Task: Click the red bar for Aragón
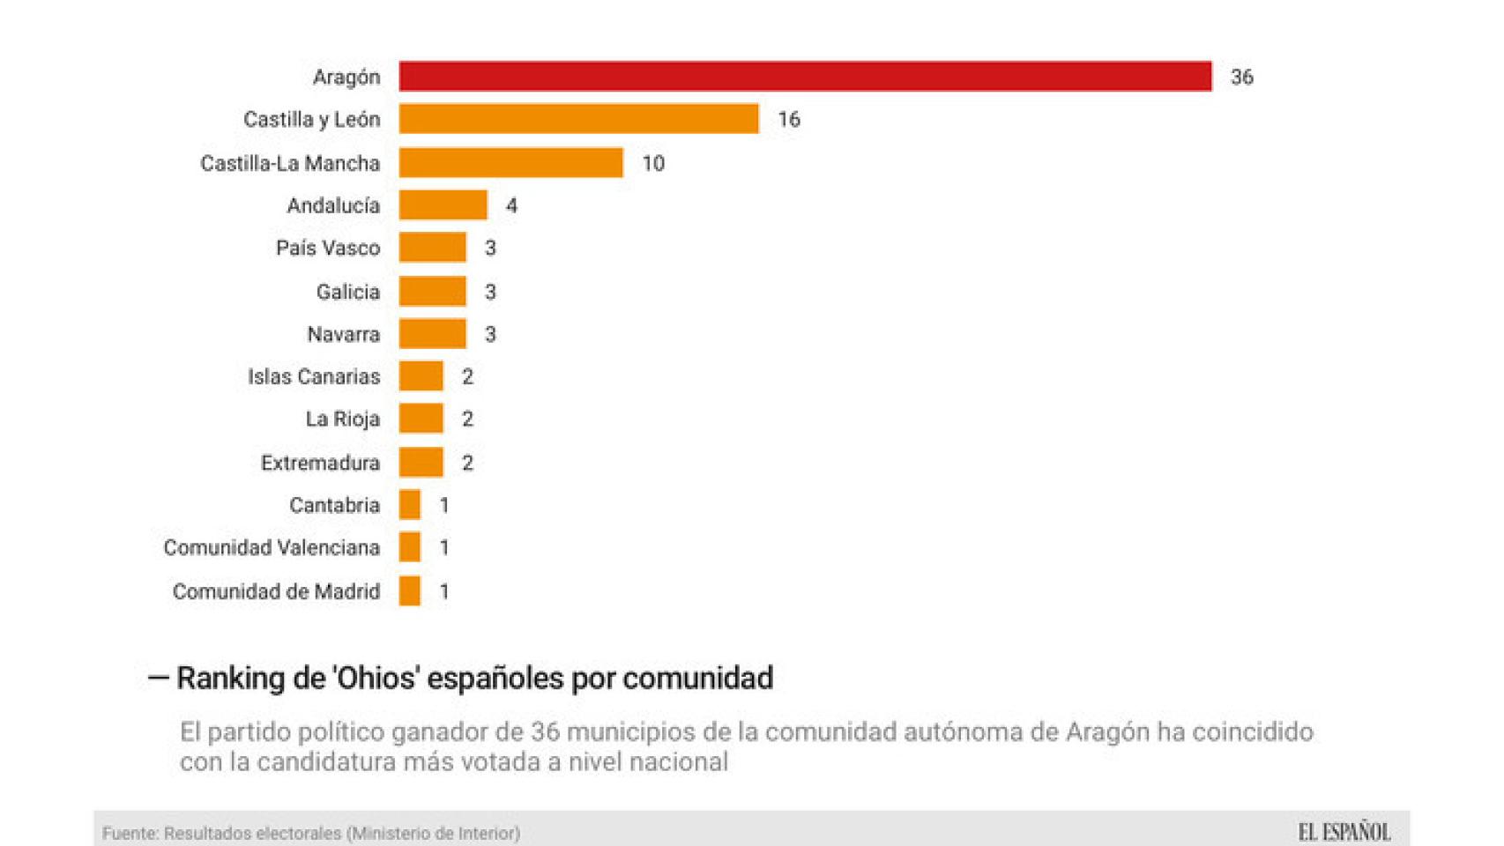[805, 77]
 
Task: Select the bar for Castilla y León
[578, 119]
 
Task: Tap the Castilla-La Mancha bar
[510, 163]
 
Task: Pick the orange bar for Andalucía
[443, 205]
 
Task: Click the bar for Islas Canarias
[421, 376]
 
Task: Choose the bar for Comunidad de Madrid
[409, 591]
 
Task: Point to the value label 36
[1241, 78]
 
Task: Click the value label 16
[789, 120]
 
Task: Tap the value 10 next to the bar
[653, 164]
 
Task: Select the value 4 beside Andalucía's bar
[511, 206]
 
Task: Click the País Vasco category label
[328, 249]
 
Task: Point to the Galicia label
[348, 292]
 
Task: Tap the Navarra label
[344, 335]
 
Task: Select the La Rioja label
[343, 419]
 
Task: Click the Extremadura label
[320, 464]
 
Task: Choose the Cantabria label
[334, 506]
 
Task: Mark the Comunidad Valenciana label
[272, 548]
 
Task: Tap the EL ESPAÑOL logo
[1344, 832]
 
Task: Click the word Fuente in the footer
[129, 834]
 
